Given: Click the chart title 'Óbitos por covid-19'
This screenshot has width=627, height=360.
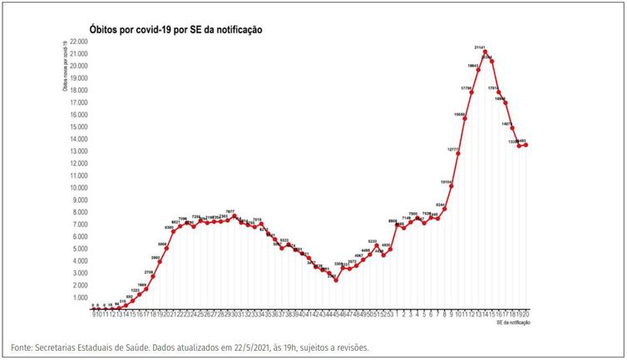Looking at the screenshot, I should point(175,29).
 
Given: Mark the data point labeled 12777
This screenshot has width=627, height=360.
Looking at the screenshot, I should point(458,154).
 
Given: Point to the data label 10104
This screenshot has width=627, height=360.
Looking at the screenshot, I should point(447,180).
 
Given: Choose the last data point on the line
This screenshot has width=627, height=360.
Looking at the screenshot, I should point(526,145).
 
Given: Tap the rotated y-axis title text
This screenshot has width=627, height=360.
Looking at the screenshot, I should point(64,66).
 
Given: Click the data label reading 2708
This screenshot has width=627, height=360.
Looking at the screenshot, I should point(149,271).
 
